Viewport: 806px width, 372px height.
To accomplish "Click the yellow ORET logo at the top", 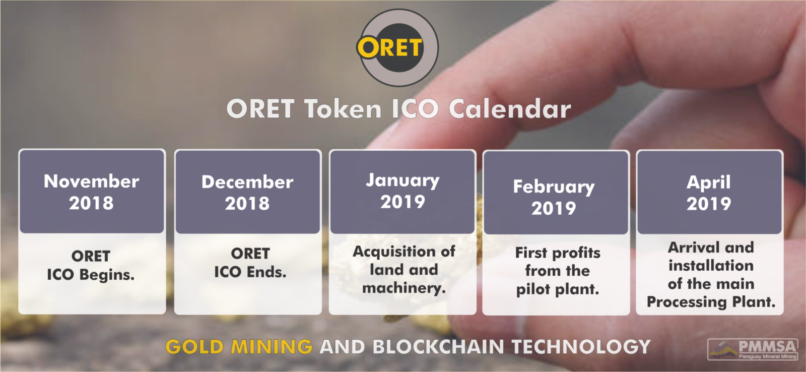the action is click(397, 47).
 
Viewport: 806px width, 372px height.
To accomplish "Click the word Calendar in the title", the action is click(510, 109).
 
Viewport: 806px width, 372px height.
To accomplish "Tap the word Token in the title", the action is click(343, 109).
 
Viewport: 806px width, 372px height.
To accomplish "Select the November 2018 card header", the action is click(92, 192).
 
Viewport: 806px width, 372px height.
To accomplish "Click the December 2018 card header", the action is click(247, 192).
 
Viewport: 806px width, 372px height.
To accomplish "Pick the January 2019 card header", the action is click(402, 192).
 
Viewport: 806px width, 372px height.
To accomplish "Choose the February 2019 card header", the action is click(556, 193).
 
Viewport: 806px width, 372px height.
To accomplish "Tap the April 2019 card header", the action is click(710, 192).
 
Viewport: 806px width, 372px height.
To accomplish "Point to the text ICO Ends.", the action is click(250, 272).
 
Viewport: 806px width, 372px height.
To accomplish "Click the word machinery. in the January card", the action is click(404, 288).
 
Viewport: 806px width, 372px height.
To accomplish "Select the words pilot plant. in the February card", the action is click(558, 289).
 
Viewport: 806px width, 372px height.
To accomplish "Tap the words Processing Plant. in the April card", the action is click(711, 302).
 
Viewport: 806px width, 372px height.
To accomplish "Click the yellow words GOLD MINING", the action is click(239, 347).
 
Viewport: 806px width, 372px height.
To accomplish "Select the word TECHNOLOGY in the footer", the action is click(581, 347).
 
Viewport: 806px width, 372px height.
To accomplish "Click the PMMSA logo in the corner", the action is click(753, 349).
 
